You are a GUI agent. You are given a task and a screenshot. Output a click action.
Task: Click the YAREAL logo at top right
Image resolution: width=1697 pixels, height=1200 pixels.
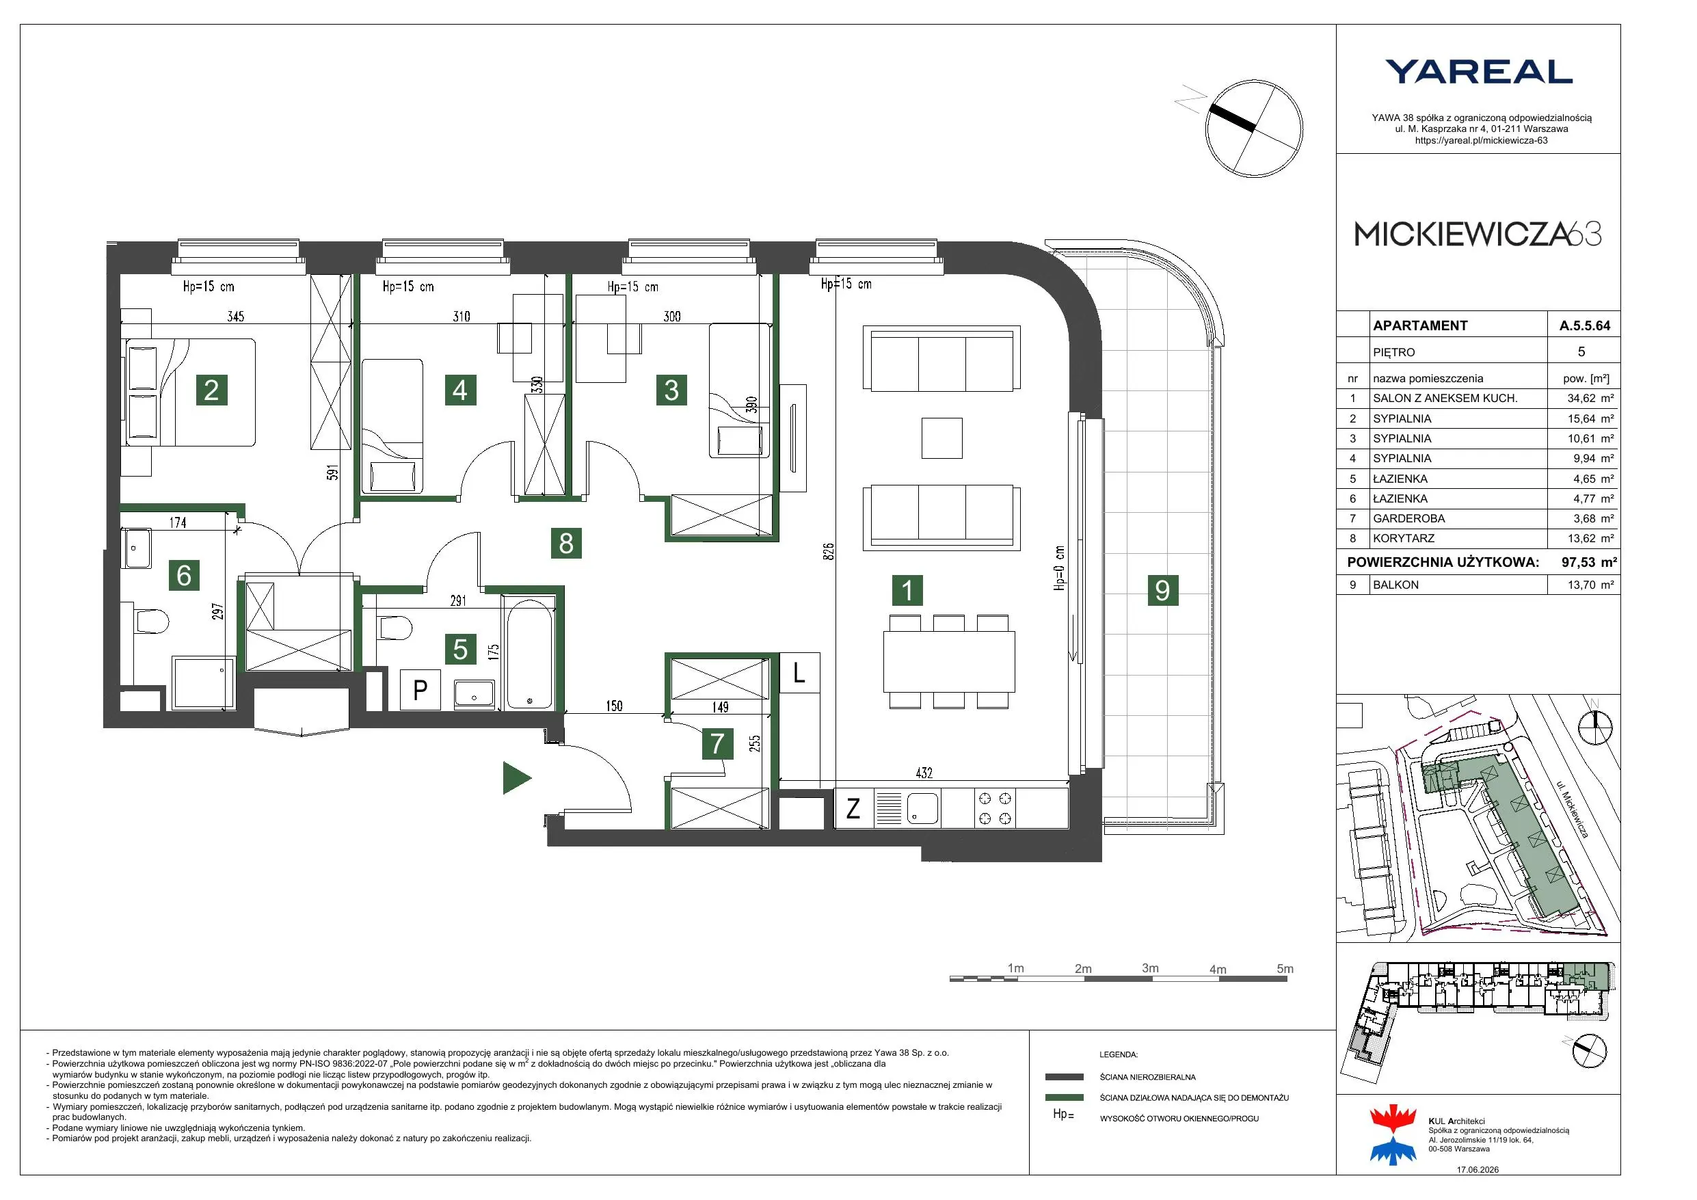[1478, 72]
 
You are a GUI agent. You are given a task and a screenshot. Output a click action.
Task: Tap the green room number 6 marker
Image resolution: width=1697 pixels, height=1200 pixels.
[184, 574]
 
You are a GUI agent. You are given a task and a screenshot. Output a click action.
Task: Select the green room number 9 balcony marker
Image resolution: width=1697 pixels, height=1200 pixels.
[1162, 590]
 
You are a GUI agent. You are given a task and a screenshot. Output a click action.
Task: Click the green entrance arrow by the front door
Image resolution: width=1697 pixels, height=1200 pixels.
[517, 778]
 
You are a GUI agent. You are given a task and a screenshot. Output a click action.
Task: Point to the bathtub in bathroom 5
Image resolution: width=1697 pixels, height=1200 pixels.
[530, 654]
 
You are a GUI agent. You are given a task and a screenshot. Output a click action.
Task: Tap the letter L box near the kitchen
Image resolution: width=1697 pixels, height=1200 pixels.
[799, 673]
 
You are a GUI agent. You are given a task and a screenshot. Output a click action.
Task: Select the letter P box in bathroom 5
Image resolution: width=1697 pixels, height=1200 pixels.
[420, 690]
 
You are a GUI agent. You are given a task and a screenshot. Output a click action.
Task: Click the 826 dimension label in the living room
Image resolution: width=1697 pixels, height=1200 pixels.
[829, 551]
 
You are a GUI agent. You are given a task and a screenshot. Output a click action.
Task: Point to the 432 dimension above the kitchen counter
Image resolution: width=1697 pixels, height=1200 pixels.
[924, 773]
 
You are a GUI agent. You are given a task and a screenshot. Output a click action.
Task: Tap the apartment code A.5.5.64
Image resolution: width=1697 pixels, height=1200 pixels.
[1585, 325]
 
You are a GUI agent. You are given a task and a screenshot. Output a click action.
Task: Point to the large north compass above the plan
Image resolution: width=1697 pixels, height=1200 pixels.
[1254, 129]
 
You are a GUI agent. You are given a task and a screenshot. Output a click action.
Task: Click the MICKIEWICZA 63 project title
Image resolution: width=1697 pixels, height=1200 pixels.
[1478, 235]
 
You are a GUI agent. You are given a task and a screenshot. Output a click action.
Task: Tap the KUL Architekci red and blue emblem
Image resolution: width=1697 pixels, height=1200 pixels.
[1393, 1134]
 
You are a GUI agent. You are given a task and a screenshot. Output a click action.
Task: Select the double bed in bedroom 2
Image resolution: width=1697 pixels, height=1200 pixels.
[191, 392]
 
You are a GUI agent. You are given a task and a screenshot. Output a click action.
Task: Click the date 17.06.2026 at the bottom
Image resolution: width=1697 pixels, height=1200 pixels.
[1478, 1170]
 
